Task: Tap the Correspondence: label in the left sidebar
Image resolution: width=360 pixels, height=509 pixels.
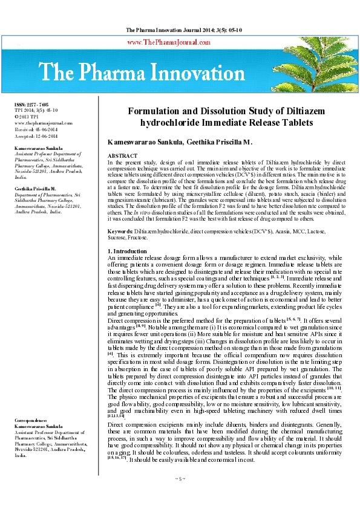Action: point(31,418)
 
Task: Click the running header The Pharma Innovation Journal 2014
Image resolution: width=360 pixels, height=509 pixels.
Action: point(180,30)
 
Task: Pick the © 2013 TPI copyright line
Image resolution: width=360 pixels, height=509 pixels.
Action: point(27,117)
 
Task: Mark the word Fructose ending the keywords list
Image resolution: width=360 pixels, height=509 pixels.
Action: point(137,238)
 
